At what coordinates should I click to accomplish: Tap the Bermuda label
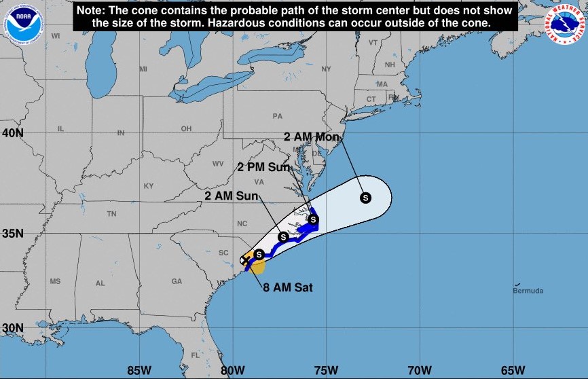click(528, 291)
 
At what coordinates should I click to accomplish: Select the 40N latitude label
click(12, 132)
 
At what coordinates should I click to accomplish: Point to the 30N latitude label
click(12, 327)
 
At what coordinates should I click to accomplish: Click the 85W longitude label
click(139, 370)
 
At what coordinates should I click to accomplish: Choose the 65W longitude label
click(513, 370)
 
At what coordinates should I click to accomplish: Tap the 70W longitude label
click(419, 370)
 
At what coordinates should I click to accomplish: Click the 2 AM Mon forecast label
click(312, 137)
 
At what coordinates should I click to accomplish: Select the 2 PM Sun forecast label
click(263, 166)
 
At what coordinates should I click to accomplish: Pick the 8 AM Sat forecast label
click(288, 287)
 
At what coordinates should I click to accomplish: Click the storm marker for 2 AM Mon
click(365, 198)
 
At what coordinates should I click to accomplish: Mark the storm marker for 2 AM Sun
click(283, 236)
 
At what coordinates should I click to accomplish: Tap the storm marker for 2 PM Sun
click(313, 219)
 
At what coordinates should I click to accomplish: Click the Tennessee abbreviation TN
click(111, 214)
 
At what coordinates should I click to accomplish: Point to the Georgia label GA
click(177, 281)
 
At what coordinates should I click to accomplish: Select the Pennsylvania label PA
click(277, 116)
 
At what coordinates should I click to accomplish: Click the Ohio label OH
click(186, 129)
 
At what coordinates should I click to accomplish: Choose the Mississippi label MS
click(55, 281)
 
